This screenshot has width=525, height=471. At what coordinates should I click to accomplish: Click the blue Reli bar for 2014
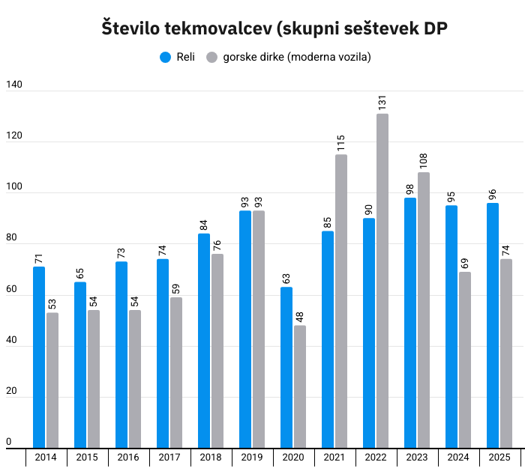click(39, 357)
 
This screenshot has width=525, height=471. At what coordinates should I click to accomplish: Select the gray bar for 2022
click(382, 281)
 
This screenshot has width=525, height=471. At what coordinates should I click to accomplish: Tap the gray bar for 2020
click(300, 386)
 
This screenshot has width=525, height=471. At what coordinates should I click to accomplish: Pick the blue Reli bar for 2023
click(410, 323)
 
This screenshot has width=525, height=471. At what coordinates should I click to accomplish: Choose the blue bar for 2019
click(245, 329)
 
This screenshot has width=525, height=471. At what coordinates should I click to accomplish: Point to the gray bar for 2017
click(176, 372)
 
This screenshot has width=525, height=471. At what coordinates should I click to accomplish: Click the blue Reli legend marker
click(166, 57)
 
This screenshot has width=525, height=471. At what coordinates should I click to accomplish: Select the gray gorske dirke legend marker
click(212, 57)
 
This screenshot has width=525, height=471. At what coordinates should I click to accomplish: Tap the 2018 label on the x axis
click(211, 458)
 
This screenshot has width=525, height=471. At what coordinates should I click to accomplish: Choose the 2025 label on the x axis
click(499, 458)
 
